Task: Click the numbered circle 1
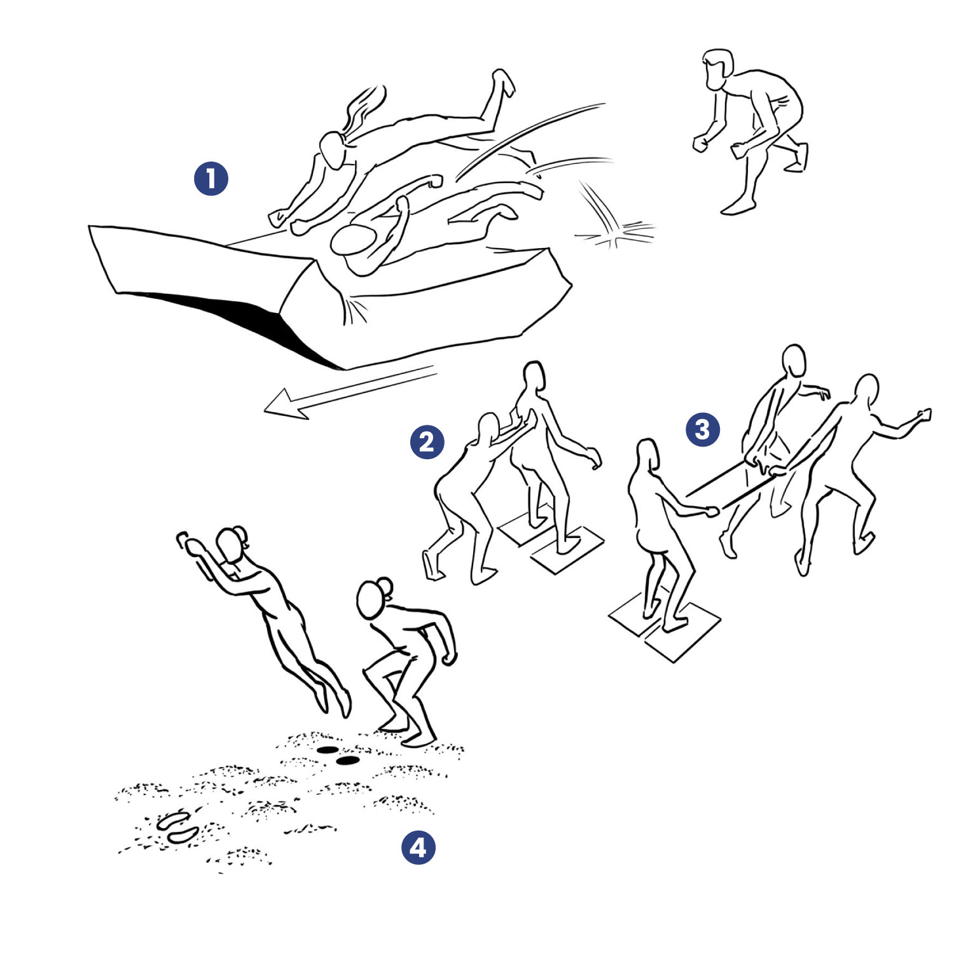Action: [211, 179]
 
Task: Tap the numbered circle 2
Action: [427, 441]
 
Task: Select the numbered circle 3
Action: [703, 429]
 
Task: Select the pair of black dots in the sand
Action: [337, 755]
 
